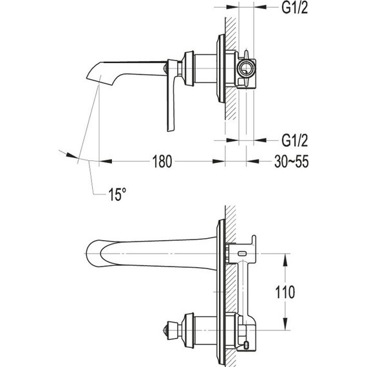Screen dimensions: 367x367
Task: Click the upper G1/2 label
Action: [294, 8]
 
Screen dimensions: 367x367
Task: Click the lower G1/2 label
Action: [294, 140]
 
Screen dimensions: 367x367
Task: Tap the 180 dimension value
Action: [162, 162]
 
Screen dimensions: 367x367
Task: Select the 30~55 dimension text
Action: [292, 162]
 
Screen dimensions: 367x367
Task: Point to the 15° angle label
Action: [117, 194]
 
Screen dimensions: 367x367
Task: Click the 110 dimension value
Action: [285, 292]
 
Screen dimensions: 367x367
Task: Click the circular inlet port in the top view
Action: [245, 68]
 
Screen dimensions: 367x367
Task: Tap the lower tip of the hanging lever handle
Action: [170, 129]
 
